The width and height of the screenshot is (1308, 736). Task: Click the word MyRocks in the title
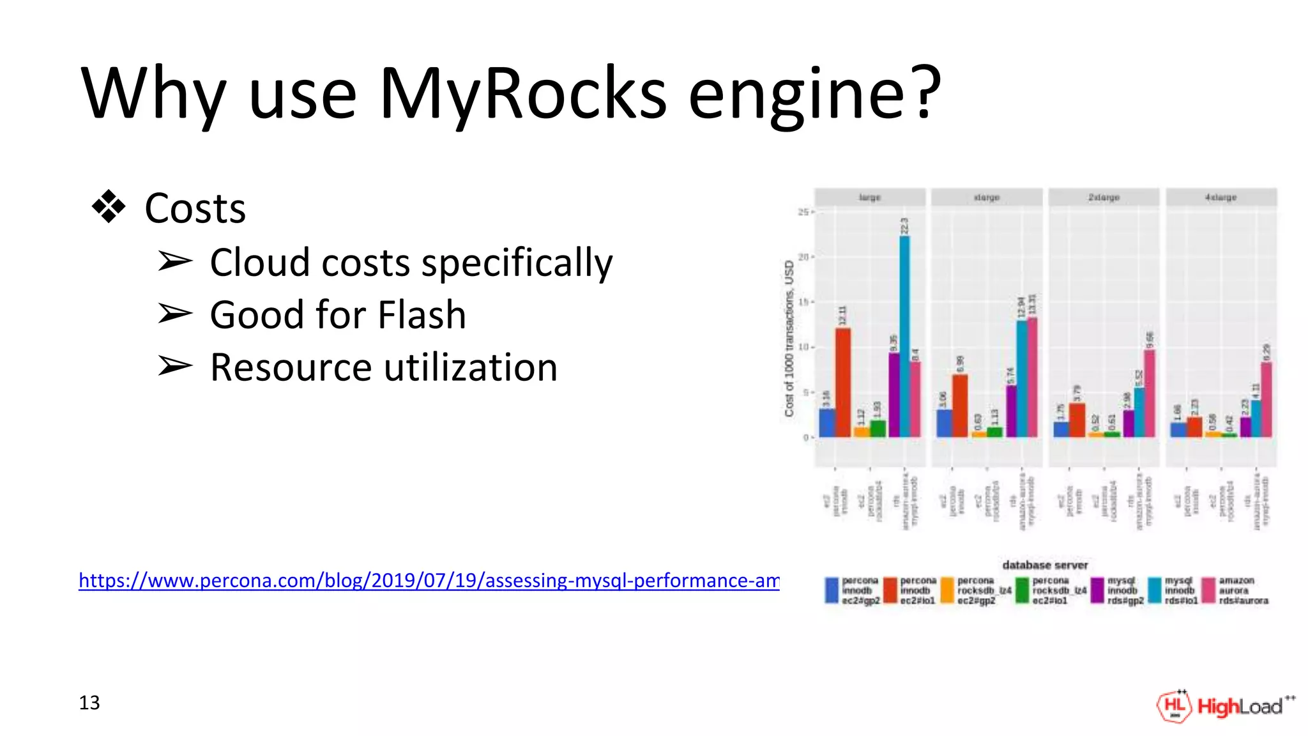point(522,93)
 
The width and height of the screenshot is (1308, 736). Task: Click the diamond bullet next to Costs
point(109,206)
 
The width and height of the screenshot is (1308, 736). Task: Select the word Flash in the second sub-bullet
point(422,315)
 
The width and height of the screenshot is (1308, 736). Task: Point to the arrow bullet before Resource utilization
point(175,366)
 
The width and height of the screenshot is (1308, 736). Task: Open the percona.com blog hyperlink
point(429,580)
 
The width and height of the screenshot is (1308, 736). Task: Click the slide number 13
point(89,703)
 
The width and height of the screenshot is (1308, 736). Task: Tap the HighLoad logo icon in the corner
point(1174,706)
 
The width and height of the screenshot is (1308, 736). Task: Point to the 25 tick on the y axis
point(803,212)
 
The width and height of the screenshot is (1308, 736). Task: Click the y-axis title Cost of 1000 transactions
point(789,339)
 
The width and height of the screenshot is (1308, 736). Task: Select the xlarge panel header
point(987,197)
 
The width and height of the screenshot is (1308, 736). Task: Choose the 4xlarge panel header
point(1221,197)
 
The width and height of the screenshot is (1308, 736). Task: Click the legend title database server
point(1045,565)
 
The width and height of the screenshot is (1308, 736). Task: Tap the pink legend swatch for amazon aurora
point(1208,590)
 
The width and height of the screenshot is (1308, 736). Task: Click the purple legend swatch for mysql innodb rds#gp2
point(1097,590)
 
